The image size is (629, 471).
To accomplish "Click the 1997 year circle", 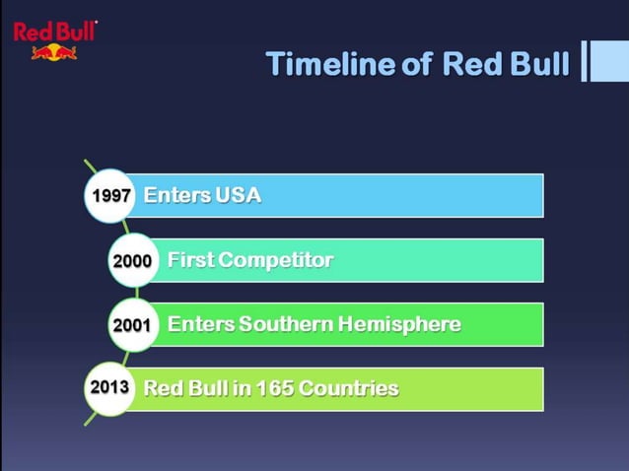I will tap(111, 195).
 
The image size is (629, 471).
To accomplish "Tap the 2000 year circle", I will tap(133, 261).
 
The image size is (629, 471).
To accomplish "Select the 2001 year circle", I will tap(133, 325).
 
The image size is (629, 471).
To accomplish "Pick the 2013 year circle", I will tap(109, 387).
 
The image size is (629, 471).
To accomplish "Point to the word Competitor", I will tap(275, 260).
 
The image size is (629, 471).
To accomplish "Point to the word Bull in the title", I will tap(538, 64).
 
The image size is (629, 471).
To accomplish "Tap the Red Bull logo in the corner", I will tap(54, 39).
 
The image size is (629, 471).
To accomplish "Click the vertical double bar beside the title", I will tap(585, 61).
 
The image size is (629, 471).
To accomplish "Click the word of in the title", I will tap(418, 64).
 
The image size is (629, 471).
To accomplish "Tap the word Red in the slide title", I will tap(470, 64).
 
